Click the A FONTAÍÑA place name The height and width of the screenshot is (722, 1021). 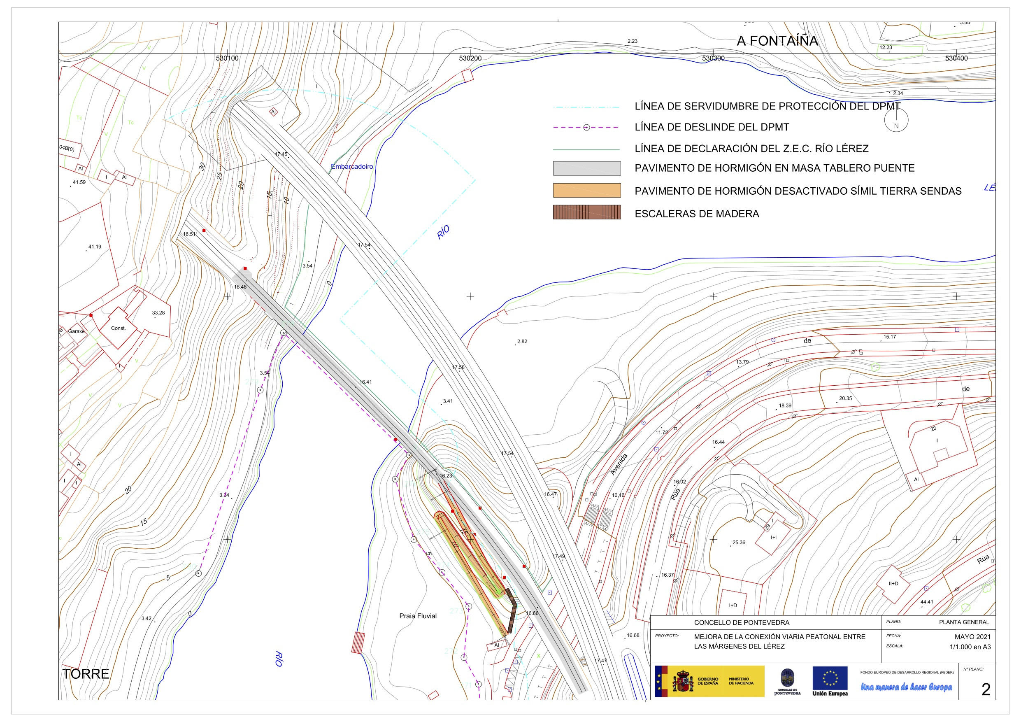coord(777,41)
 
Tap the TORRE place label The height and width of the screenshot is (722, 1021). coord(86,674)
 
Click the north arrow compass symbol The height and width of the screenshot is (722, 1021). coord(896,120)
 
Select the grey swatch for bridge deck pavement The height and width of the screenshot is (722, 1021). coord(586,168)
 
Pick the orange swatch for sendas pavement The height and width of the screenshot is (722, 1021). coord(586,191)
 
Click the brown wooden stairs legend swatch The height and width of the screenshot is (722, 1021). coord(586,212)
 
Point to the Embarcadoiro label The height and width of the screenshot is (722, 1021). coord(352,167)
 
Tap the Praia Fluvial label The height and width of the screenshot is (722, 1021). coord(418,616)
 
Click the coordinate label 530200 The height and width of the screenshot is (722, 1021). coord(470,58)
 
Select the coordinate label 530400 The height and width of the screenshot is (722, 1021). coord(956,58)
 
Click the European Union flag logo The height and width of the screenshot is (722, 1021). coord(830,678)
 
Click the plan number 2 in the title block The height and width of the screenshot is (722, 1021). coord(986,689)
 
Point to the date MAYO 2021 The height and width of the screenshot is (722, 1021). coord(972,637)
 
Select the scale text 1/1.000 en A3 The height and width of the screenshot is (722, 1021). coord(970,647)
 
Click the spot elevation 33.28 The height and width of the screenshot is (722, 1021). coord(158,313)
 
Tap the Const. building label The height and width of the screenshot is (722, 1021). coord(118,328)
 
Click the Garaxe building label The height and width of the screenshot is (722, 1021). coord(76,331)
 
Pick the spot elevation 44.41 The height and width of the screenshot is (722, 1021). coord(927,602)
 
